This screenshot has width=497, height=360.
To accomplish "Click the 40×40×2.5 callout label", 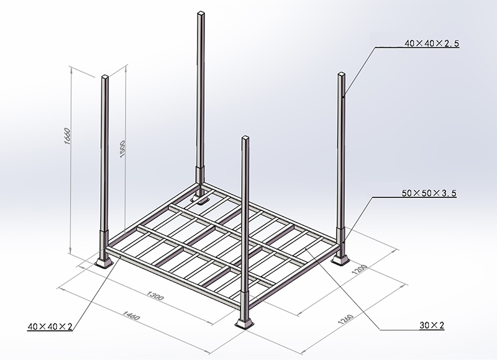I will (x=431, y=43).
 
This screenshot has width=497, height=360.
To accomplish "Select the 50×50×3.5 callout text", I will (x=429, y=194).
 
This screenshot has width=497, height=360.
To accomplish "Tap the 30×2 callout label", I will (x=432, y=325).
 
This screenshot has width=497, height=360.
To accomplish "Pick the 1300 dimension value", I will (x=155, y=298).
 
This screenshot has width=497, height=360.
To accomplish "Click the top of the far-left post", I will (x=105, y=77).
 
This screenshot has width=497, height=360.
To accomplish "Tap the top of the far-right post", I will (x=342, y=74).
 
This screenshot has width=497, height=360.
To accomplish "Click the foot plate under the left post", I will (x=104, y=263).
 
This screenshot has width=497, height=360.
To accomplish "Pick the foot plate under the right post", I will (x=341, y=258).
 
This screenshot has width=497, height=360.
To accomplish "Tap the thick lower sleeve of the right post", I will (x=342, y=239).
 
